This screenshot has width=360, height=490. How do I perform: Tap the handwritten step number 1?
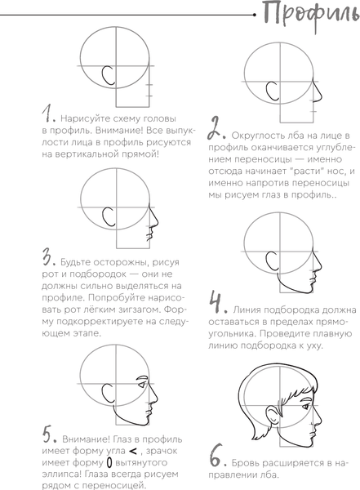point(48,114)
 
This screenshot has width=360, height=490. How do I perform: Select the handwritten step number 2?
point(216,128)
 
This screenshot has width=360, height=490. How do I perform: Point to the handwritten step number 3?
point(48,258)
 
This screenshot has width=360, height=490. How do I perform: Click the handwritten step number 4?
point(217,302)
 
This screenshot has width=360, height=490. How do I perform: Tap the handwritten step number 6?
point(217,455)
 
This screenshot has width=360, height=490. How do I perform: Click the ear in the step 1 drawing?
point(108,76)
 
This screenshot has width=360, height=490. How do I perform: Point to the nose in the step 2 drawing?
point(317,93)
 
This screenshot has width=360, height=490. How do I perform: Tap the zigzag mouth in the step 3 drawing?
point(150,234)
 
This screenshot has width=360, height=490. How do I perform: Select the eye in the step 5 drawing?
point(142,385)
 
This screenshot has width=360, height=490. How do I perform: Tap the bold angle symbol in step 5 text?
point(132,452)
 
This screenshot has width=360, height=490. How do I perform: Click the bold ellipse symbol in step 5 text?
point(109,463)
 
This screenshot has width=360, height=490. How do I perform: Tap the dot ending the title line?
point(255,15)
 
